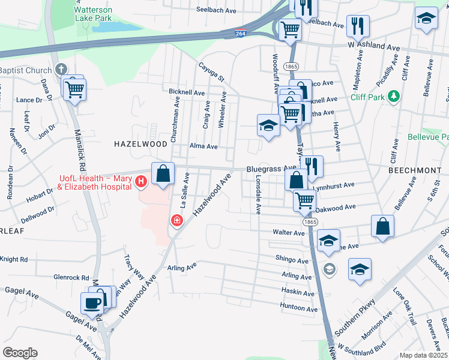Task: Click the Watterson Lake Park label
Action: click(x=93, y=14)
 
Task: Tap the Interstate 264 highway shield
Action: click(x=240, y=34)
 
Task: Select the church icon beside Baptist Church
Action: click(x=60, y=70)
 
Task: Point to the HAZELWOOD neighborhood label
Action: click(x=141, y=145)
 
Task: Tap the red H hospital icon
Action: click(x=140, y=181)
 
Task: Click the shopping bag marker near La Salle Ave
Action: click(x=163, y=173)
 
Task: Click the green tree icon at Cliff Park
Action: click(x=393, y=96)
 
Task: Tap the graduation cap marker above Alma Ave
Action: click(x=268, y=125)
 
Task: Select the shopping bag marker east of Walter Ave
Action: click(x=382, y=226)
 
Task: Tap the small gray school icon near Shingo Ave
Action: click(x=328, y=268)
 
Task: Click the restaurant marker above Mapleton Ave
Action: click(x=358, y=26)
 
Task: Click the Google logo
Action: click(x=20, y=353)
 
